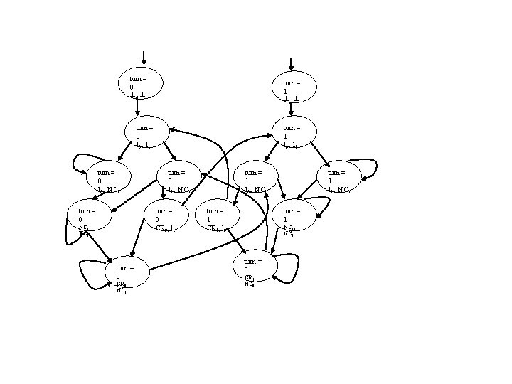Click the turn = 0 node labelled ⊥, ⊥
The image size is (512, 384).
click(140, 83)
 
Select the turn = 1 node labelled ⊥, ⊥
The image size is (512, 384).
click(294, 87)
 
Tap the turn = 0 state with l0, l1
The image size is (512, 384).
click(147, 132)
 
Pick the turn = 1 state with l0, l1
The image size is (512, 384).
click(294, 132)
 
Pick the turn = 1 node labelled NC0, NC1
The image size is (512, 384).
click(294, 217)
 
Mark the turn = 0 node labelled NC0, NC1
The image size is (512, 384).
click(89, 217)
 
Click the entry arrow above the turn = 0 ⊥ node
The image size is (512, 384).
click(144, 58)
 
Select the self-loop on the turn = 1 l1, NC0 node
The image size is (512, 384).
click(366, 168)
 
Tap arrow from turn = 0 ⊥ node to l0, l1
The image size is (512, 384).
click(137, 106)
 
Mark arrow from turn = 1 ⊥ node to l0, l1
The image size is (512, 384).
click(291, 108)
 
